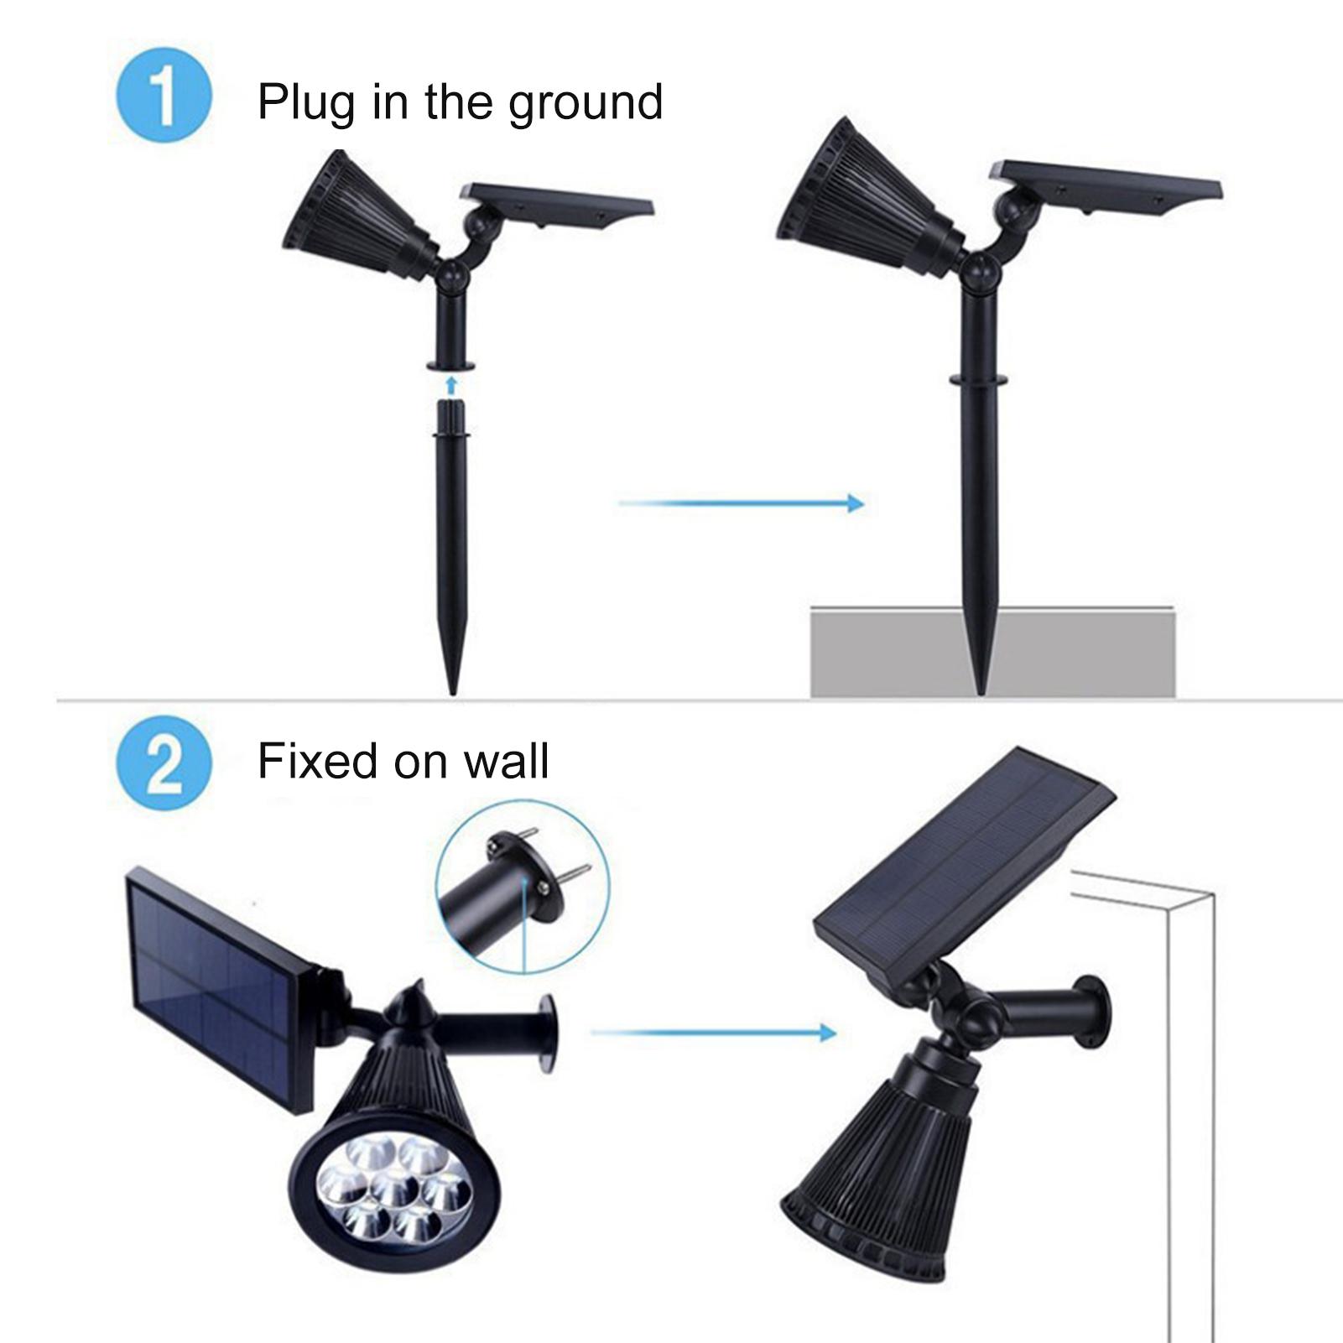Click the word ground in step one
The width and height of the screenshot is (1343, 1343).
(586, 104)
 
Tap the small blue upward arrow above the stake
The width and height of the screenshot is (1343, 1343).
(451, 385)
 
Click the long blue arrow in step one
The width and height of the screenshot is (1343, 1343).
(741, 503)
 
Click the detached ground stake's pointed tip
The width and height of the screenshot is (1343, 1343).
(454, 695)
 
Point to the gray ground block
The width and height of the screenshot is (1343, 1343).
(992, 650)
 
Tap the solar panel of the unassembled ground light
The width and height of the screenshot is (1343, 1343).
(558, 206)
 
